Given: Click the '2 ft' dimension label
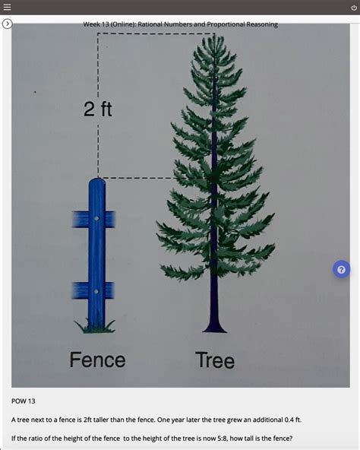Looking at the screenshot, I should [98, 110].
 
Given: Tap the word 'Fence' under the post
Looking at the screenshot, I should [97, 359].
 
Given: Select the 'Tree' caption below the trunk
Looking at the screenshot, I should [215, 360].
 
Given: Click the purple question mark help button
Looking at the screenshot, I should [341, 269].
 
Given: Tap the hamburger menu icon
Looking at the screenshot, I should [7, 7].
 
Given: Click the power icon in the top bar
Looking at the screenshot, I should [353, 7].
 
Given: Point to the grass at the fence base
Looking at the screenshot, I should [95, 327].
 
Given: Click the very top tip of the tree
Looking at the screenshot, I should [213, 38].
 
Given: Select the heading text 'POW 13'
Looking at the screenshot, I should [24, 401].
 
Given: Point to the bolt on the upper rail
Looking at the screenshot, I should [96, 219].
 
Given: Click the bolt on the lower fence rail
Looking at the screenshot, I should [96, 290].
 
